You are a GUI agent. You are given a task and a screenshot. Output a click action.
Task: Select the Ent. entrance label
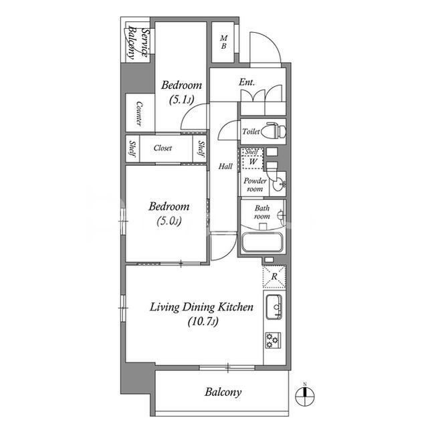pyautogui.click(x=247, y=83)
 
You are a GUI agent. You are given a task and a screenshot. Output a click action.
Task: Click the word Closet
pyautogui.click(x=163, y=148)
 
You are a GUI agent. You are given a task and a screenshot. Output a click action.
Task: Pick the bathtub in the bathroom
pyautogui.click(x=262, y=242)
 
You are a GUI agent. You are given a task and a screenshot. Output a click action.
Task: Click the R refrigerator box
pyautogui.click(x=274, y=276)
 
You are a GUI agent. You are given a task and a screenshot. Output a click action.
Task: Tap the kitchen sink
pyautogui.click(x=274, y=308)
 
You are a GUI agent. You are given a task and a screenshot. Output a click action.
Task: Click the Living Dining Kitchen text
pyautogui.click(x=201, y=308)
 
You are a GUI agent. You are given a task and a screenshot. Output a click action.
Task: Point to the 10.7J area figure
pyautogui.click(x=201, y=322)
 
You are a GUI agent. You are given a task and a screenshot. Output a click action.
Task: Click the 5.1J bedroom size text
pyautogui.click(x=181, y=100)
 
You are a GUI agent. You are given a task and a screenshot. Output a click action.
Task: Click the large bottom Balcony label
pyautogui.click(x=223, y=393)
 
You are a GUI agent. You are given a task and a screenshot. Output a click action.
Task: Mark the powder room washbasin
pyautogui.click(x=280, y=181)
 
